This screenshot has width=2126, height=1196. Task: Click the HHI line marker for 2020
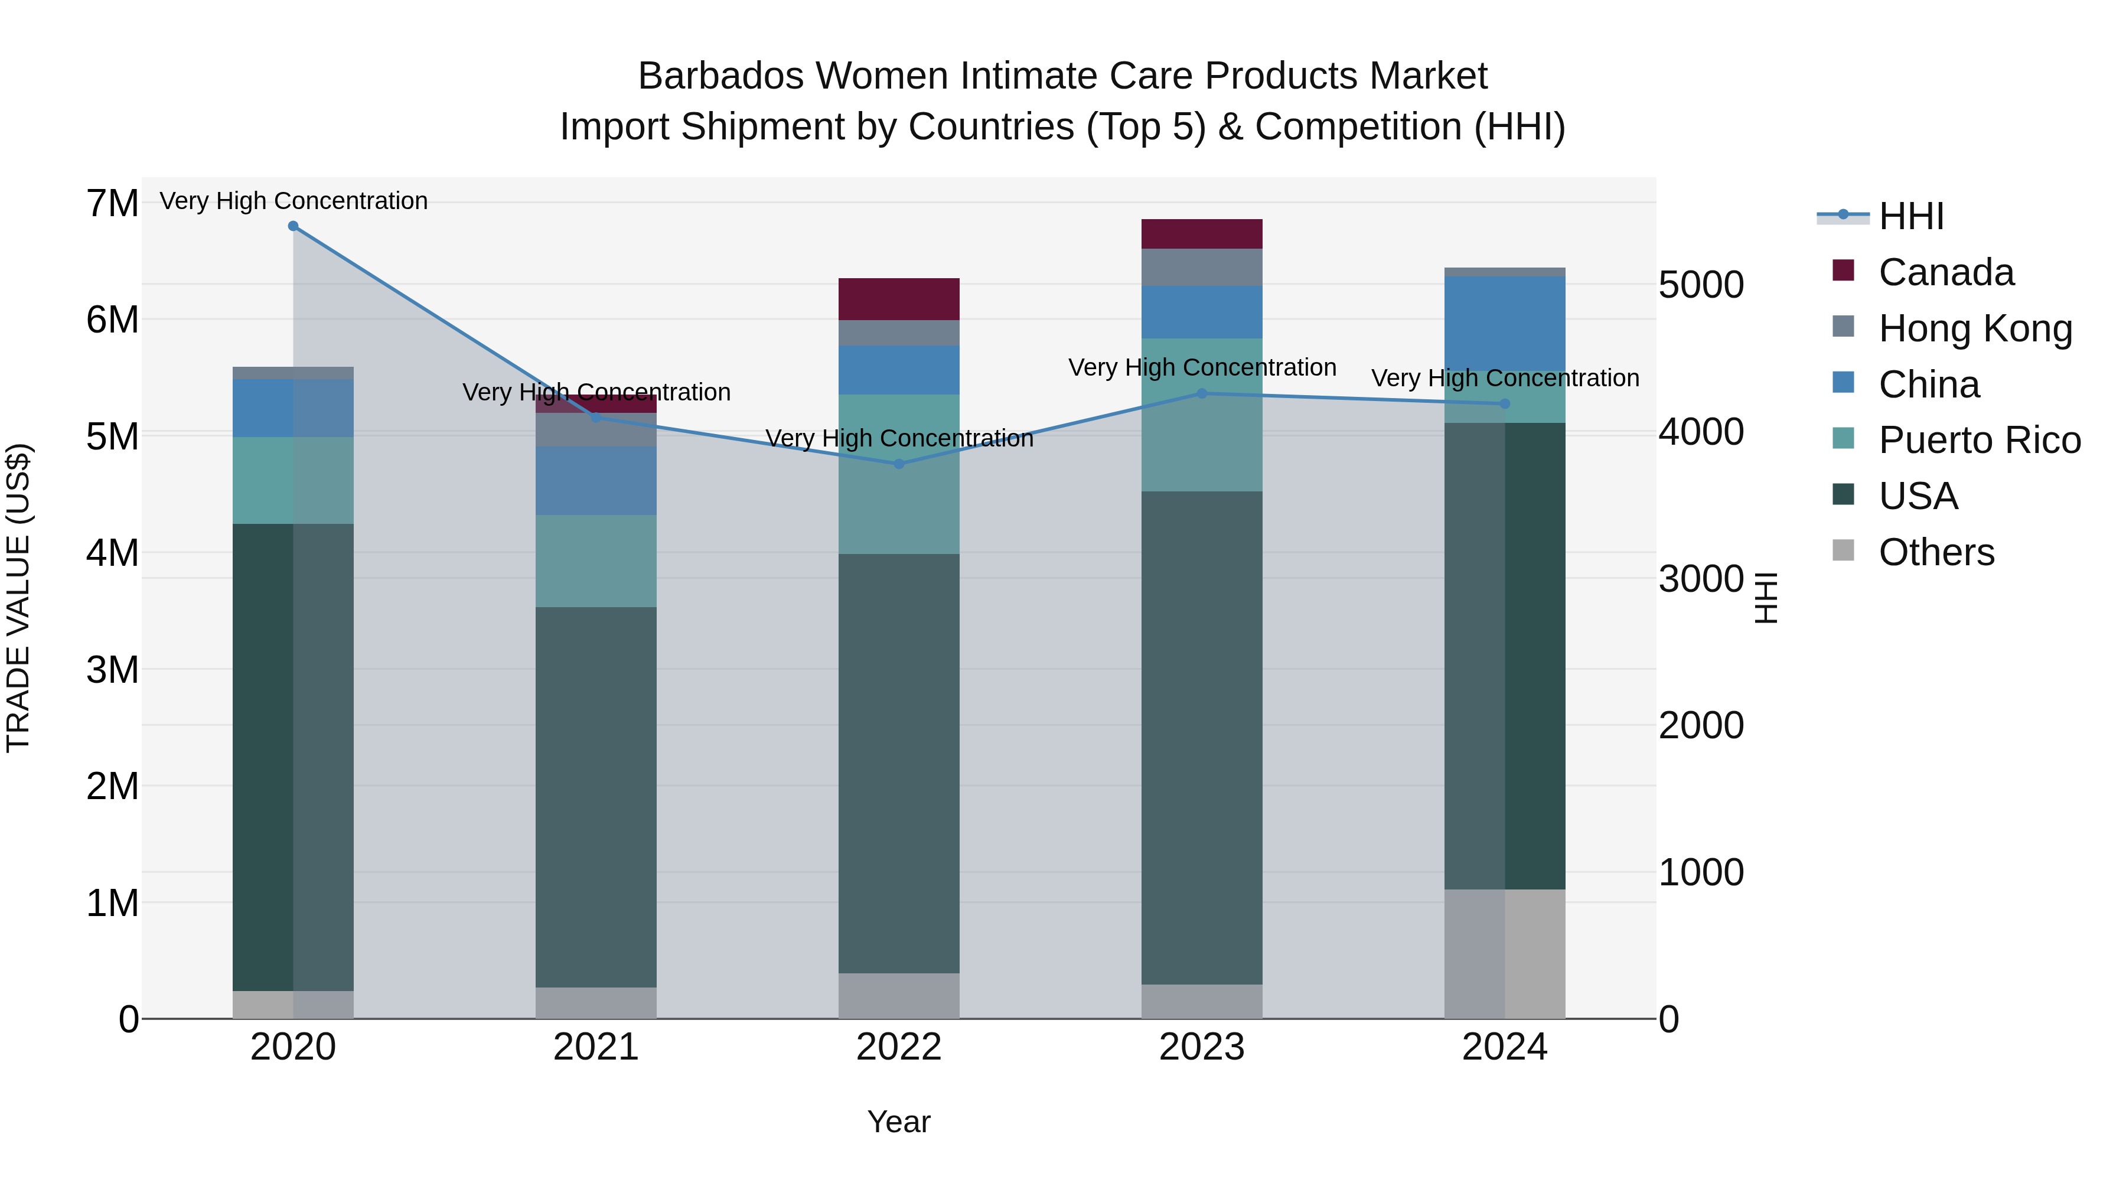tap(293, 226)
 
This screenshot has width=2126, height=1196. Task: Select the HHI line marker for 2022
tap(899, 464)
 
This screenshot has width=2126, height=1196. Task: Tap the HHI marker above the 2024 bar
tap(1505, 403)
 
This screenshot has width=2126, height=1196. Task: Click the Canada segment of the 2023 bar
tap(1202, 233)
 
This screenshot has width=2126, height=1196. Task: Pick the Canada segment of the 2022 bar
tap(899, 299)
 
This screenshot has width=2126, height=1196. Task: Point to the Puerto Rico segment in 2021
tap(596, 561)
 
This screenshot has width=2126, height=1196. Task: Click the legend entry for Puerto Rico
tap(1979, 440)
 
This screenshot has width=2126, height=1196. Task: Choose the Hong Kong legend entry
tap(1975, 328)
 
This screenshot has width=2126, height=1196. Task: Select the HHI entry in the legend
tap(1910, 216)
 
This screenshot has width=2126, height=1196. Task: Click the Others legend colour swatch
tap(1843, 550)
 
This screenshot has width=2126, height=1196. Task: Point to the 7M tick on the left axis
tap(112, 204)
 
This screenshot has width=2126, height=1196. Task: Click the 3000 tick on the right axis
tap(1701, 579)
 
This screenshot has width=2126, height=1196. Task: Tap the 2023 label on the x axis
tap(1202, 1047)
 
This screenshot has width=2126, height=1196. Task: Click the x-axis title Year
tap(899, 1122)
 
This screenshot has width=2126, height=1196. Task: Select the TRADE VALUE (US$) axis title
tap(19, 598)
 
